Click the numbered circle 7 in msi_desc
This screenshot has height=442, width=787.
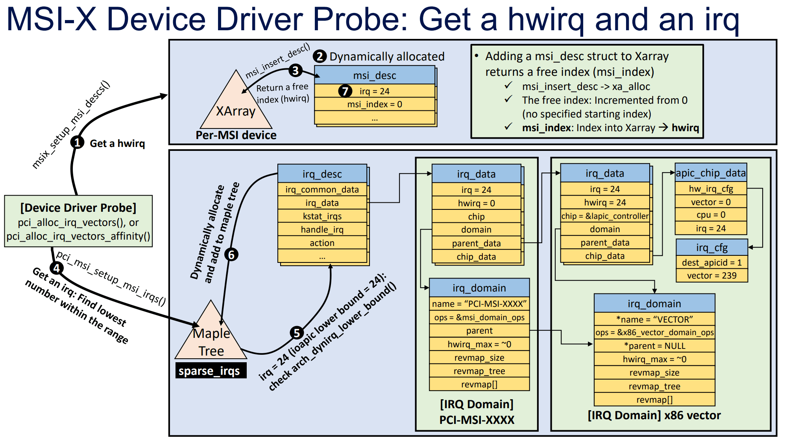point(345,91)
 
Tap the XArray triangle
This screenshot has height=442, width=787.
point(236,108)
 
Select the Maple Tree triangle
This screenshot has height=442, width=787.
point(211,338)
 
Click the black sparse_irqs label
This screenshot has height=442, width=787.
point(211,371)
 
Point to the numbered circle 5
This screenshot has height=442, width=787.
point(297,333)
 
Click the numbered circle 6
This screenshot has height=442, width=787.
point(231,255)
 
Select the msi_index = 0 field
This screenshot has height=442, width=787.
point(375,105)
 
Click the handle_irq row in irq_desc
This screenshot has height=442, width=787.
point(322,229)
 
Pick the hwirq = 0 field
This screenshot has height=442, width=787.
point(476,203)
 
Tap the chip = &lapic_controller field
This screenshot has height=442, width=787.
point(605,216)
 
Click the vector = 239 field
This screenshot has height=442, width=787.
point(711,276)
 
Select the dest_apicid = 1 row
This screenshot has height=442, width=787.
point(711,262)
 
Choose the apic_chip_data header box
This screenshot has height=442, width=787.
point(711,173)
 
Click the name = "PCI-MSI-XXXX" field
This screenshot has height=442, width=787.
point(479,304)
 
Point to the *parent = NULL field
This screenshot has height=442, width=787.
point(654,346)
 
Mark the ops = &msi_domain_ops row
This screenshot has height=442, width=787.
point(479,317)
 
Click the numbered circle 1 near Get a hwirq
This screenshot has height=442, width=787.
point(78,142)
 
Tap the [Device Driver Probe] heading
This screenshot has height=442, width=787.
point(78,207)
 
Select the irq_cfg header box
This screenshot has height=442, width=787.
point(711,248)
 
